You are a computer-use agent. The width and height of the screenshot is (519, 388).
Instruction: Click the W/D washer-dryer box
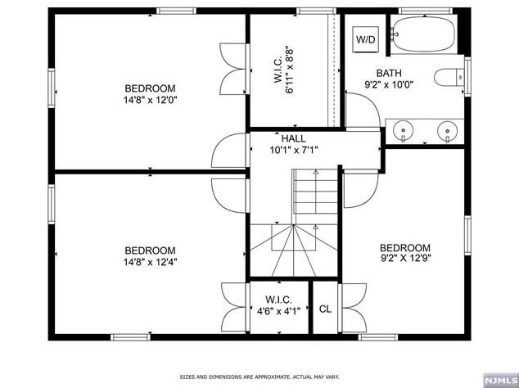tap(365, 38)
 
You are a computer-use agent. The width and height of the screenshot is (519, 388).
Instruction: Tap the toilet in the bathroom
tap(448, 78)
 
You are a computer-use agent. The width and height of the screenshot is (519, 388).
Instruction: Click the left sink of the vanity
tap(402, 129)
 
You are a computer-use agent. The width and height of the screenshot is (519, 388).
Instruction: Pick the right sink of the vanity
tap(446, 129)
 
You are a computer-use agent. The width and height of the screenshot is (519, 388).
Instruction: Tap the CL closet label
tap(325, 309)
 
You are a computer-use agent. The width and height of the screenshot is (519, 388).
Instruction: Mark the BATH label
tap(389, 73)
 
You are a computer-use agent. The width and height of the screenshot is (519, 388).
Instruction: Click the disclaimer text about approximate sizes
tap(259, 377)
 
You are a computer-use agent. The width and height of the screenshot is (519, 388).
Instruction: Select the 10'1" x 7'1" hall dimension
tap(293, 150)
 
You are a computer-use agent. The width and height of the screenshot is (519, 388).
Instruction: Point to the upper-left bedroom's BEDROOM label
tap(149, 88)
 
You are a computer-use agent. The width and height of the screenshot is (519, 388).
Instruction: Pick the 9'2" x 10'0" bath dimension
tap(389, 83)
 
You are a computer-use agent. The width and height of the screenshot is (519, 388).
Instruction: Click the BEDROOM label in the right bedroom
tap(404, 248)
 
